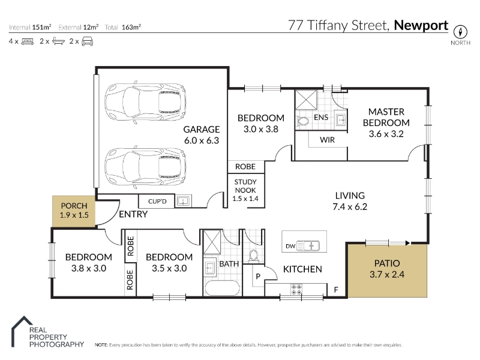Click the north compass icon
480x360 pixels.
coord(460,32)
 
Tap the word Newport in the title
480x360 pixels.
coord(421,25)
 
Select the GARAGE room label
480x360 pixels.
coord(202,130)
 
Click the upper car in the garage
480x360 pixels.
coord(145,103)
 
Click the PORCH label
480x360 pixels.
coord(74,206)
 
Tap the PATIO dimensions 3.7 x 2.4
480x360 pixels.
coord(387,274)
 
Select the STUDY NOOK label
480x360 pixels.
coord(245,186)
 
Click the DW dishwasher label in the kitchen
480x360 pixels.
coord(290,246)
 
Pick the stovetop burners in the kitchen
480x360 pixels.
coord(296,290)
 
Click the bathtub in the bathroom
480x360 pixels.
coord(222,288)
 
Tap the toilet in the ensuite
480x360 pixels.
coord(303,121)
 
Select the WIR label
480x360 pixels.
coord(327,140)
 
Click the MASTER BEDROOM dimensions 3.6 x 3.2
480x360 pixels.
coord(386,134)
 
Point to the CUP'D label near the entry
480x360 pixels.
coord(157,202)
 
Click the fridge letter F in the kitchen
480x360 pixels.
coord(336,290)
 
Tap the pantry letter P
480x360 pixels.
coord(258,277)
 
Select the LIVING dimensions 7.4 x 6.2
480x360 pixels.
coord(350,206)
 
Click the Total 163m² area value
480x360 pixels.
coord(131,27)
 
